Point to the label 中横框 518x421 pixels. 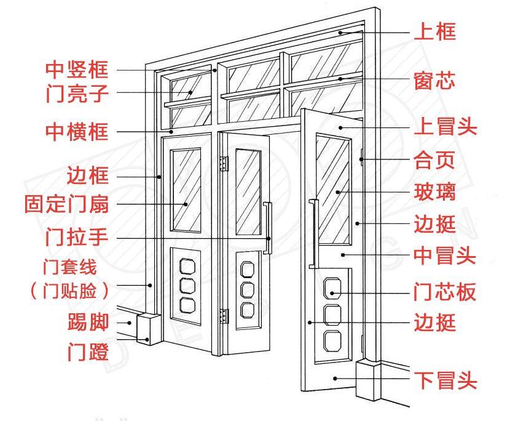77,131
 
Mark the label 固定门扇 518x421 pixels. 67,204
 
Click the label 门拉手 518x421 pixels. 77,236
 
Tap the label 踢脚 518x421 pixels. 88,322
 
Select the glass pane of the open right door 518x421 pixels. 333,188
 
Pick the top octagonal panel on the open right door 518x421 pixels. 332,288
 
